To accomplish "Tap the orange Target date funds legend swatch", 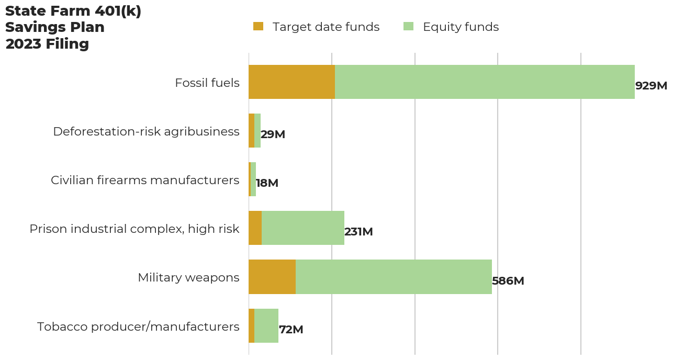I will pos(258,26).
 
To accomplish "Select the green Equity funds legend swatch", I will pos(409,26).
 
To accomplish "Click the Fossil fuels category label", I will pos(207,83).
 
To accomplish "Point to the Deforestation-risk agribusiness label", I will pos(146,131).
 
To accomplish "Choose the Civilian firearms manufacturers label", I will pos(145,180).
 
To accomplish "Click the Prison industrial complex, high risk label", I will pos(134,229).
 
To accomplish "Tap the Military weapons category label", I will pos(188,277).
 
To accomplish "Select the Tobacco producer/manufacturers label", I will pos(138,327).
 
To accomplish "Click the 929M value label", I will pos(651,86).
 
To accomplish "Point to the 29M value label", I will pos(273,134).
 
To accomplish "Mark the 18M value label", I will pos(267,183).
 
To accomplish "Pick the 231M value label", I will pos(358,232).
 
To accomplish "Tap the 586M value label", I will pos(508,281).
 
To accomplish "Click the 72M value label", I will pos(291,330).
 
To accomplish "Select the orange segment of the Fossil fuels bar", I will pos(291,82).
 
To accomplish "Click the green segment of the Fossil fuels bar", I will pos(485,82).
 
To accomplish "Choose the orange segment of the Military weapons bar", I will pos(272,277).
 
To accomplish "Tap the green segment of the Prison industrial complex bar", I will pos(303,228).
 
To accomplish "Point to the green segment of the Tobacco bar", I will pos(266,325).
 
